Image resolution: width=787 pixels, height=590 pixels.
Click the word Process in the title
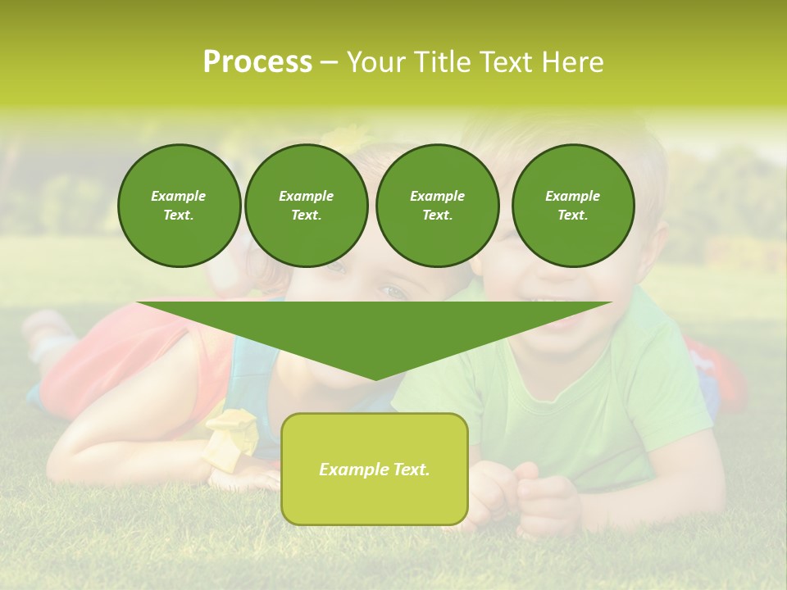[x=257, y=62]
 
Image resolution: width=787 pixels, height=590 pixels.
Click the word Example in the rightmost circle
[x=572, y=196]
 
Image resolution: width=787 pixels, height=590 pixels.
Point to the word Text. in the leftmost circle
[x=179, y=216]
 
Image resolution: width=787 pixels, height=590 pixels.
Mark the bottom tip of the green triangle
[x=375, y=379]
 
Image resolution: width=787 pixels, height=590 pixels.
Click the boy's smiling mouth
[x=557, y=303]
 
